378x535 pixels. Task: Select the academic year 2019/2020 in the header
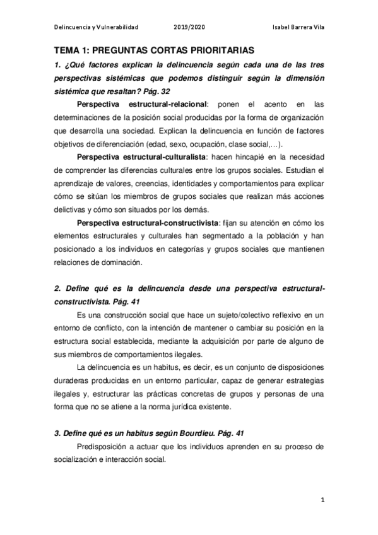coord(189,27)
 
